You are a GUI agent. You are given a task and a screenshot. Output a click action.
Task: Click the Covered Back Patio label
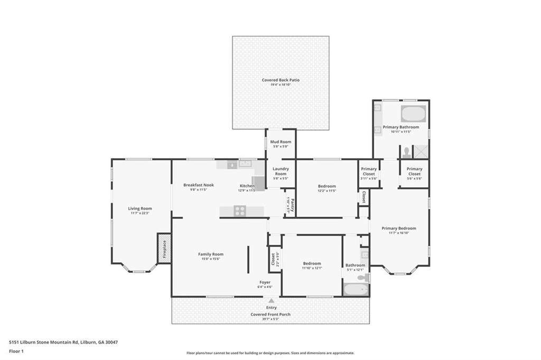point(281,80)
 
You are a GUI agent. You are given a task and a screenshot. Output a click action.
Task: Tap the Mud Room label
point(281,142)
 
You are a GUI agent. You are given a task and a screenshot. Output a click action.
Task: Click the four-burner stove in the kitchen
point(239,211)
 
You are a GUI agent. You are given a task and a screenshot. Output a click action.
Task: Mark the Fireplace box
point(164,248)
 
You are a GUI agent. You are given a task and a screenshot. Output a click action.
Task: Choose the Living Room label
point(140,208)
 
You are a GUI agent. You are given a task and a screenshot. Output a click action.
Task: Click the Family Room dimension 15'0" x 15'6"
point(211,259)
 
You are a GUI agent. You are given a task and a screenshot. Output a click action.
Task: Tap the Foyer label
point(265,282)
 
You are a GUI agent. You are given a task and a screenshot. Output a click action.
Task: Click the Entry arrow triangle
point(271,301)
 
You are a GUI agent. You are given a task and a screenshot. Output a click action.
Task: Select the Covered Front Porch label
point(270,314)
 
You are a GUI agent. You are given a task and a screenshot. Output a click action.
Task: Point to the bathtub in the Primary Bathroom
point(413,114)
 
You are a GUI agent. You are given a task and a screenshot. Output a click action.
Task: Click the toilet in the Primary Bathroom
point(406,153)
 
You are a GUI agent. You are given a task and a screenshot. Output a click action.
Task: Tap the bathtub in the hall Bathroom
point(355,289)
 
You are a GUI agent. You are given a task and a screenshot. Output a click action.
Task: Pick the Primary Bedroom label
point(399,228)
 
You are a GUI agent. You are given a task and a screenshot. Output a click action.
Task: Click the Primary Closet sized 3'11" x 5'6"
point(369,171)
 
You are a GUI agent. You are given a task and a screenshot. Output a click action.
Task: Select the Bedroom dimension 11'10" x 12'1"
point(312,268)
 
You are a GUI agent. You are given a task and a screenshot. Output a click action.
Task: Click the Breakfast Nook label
point(199,185)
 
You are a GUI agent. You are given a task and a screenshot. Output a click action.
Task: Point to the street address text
point(63,342)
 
